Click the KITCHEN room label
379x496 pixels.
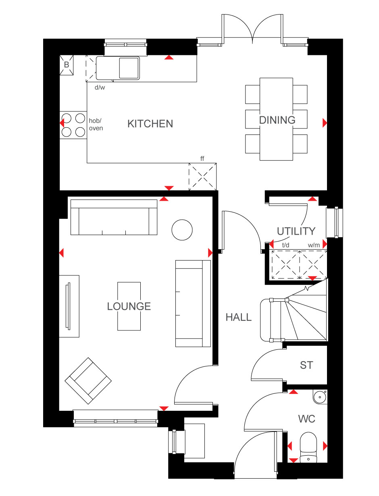[x=150, y=124]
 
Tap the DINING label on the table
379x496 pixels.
[x=277, y=120]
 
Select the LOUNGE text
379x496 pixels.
[x=129, y=306]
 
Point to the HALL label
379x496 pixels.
[x=238, y=317]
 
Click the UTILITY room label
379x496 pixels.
[x=296, y=231]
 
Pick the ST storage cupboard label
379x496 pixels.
[x=306, y=365]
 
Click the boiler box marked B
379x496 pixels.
[x=67, y=65]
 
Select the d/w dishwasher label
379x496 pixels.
[x=100, y=87]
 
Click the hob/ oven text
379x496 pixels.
[x=96, y=124]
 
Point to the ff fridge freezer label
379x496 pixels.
[x=202, y=158]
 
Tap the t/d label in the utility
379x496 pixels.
[x=285, y=245]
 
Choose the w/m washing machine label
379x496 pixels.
[x=314, y=246]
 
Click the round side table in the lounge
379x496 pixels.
[x=182, y=230]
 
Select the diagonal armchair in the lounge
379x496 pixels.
[x=88, y=381]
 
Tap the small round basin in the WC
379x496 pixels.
[x=320, y=397]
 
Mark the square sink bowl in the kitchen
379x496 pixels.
[x=129, y=68]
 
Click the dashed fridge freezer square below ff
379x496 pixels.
[x=202, y=177]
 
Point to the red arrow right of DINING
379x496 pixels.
[x=325, y=123]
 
